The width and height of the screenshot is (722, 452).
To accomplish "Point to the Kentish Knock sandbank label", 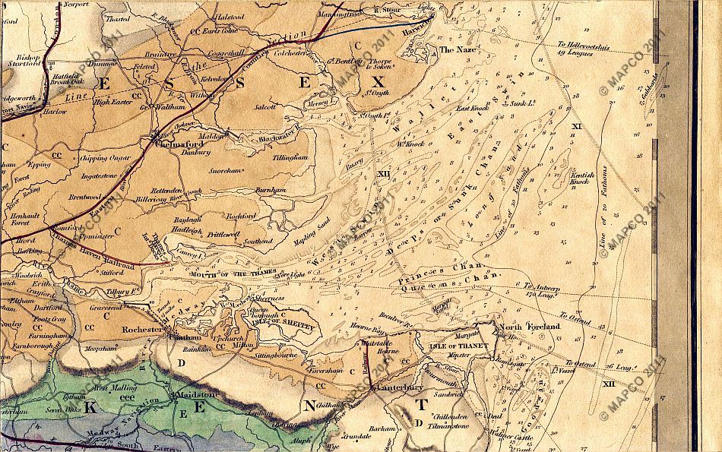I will tap(581, 179).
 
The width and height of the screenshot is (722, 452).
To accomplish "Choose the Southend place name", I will tap(258, 241).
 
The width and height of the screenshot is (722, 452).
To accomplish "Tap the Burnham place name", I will tap(270, 189).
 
